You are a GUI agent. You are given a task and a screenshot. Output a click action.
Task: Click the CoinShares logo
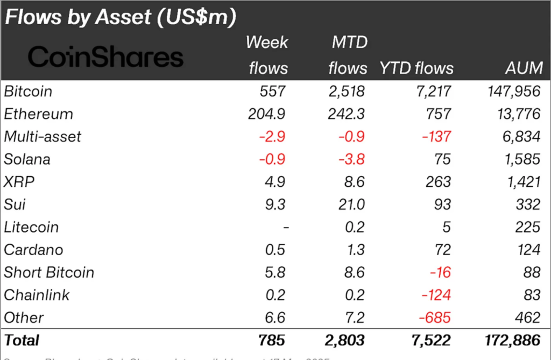(106, 57)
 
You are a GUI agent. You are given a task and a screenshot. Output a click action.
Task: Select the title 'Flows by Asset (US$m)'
(121, 17)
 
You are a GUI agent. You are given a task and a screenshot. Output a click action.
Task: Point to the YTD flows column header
(416, 68)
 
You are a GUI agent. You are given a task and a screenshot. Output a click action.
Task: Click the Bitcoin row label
(29, 91)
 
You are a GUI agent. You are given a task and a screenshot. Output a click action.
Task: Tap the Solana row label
(27, 159)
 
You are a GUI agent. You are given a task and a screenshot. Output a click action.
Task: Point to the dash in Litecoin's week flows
(286, 228)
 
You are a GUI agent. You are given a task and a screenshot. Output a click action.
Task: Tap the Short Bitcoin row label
(49, 272)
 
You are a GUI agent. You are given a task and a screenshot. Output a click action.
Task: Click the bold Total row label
(22, 340)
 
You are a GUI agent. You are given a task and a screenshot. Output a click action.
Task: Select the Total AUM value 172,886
(508, 340)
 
